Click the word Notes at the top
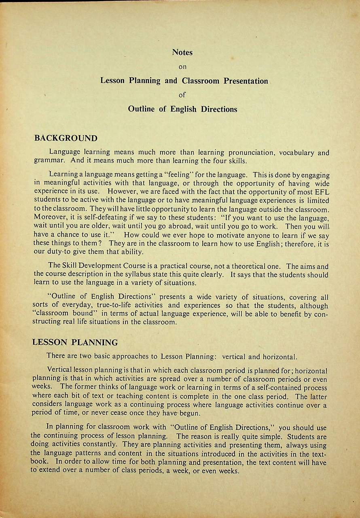pos(182,52)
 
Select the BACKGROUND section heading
pos(66,138)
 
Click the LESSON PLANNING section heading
pos(75,342)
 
